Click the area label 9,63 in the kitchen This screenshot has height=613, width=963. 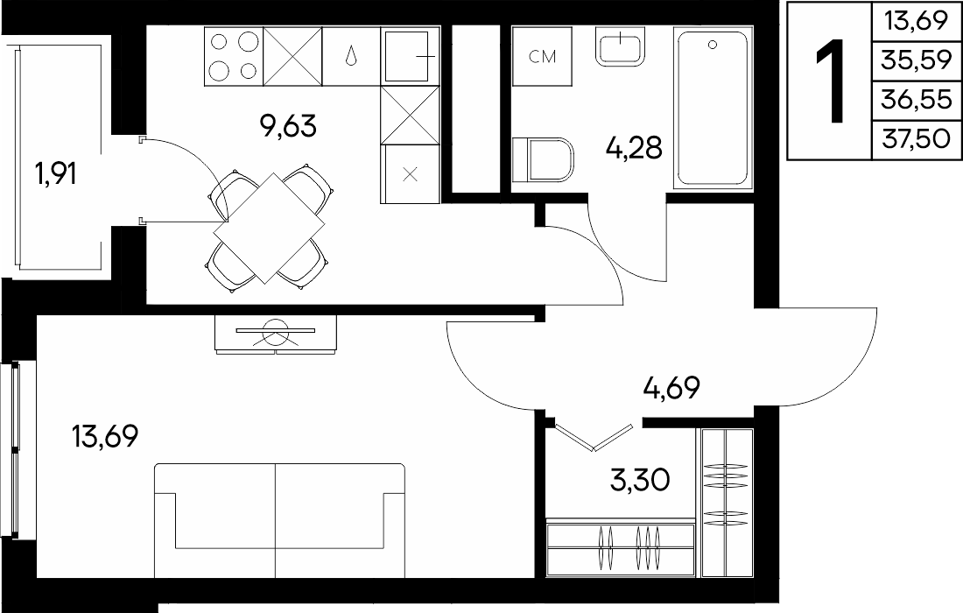pos(288,126)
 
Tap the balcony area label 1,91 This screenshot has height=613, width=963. pos(57,174)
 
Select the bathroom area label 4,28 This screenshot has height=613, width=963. pos(634,148)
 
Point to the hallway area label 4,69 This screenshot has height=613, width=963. pos(671,388)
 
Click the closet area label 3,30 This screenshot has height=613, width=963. pos(639,480)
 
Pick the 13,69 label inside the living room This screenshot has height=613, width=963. pos(105,437)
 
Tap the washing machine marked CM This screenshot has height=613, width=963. pos(542,57)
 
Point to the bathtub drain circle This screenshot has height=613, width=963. pos(713,45)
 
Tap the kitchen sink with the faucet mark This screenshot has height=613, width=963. pos(410,56)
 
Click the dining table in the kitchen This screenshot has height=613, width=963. pos(269,228)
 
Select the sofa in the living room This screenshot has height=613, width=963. pos(279,520)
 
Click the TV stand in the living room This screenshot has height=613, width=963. pos(276,335)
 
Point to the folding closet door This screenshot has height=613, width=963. pos(593,437)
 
